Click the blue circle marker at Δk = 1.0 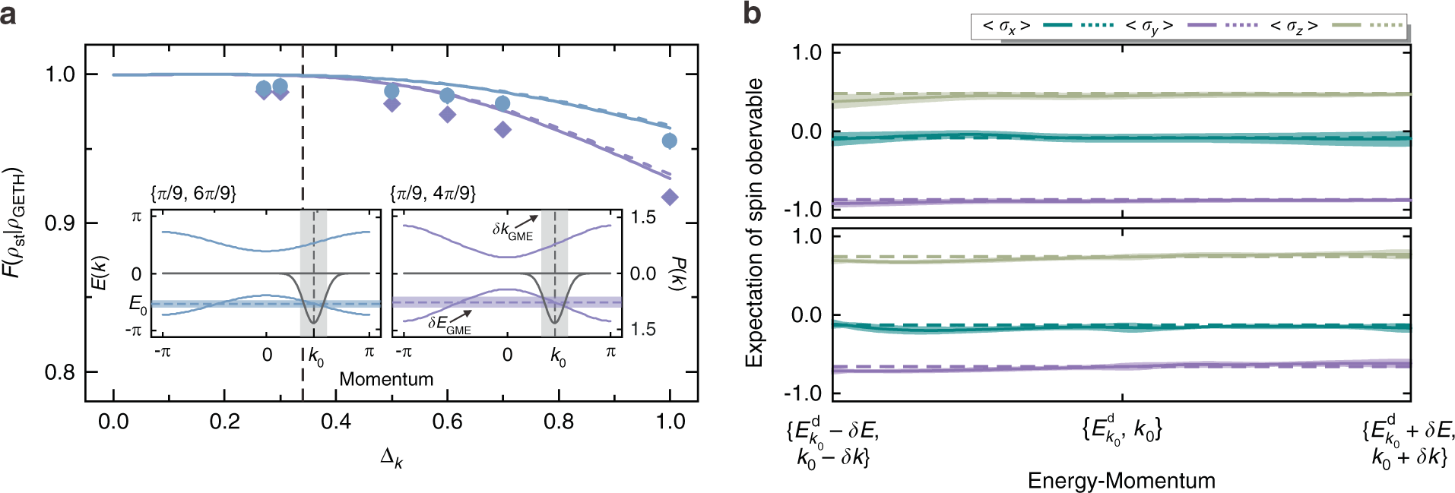[669, 141]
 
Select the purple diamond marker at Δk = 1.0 [670, 198]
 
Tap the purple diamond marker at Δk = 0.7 [502, 130]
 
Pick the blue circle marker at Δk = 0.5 [391, 92]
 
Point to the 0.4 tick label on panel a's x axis [335, 422]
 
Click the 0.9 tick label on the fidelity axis [60, 223]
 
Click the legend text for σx [1006, 26]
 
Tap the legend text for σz [1293, 26]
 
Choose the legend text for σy [1149, 26]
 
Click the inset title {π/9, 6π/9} [193, 194]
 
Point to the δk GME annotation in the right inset [512, 230]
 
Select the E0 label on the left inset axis [138, 305]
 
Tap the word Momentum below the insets [386, 379]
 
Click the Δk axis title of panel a [391, 458]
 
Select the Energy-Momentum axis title [1121, 480]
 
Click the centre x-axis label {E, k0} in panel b [1121, 431]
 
